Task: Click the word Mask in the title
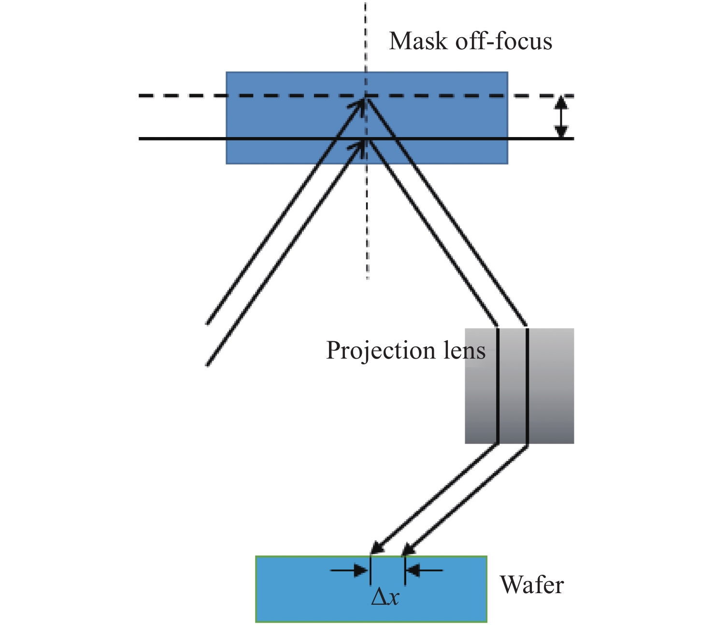(x=418, y=42)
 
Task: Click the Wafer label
(x=532, y=585)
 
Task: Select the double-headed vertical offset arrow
(x=560, y=117)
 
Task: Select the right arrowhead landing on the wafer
(x=408, y=549)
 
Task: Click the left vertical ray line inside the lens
(x=498, y=386)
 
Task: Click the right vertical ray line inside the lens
(x=527, y=386)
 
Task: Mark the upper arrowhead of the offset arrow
(x=560, y=102)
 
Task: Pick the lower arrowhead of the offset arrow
(x=560, y=132)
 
